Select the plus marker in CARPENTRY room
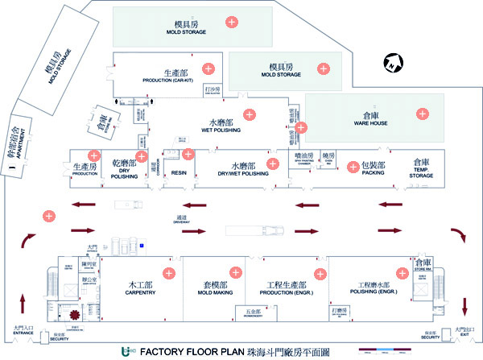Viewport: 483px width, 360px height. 170,271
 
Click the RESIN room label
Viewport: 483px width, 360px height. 179,172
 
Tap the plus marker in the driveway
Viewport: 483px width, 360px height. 49,215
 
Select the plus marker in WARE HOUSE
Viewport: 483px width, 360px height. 422,115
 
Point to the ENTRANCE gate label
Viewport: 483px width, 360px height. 25,330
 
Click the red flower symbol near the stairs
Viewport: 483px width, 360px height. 76,312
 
